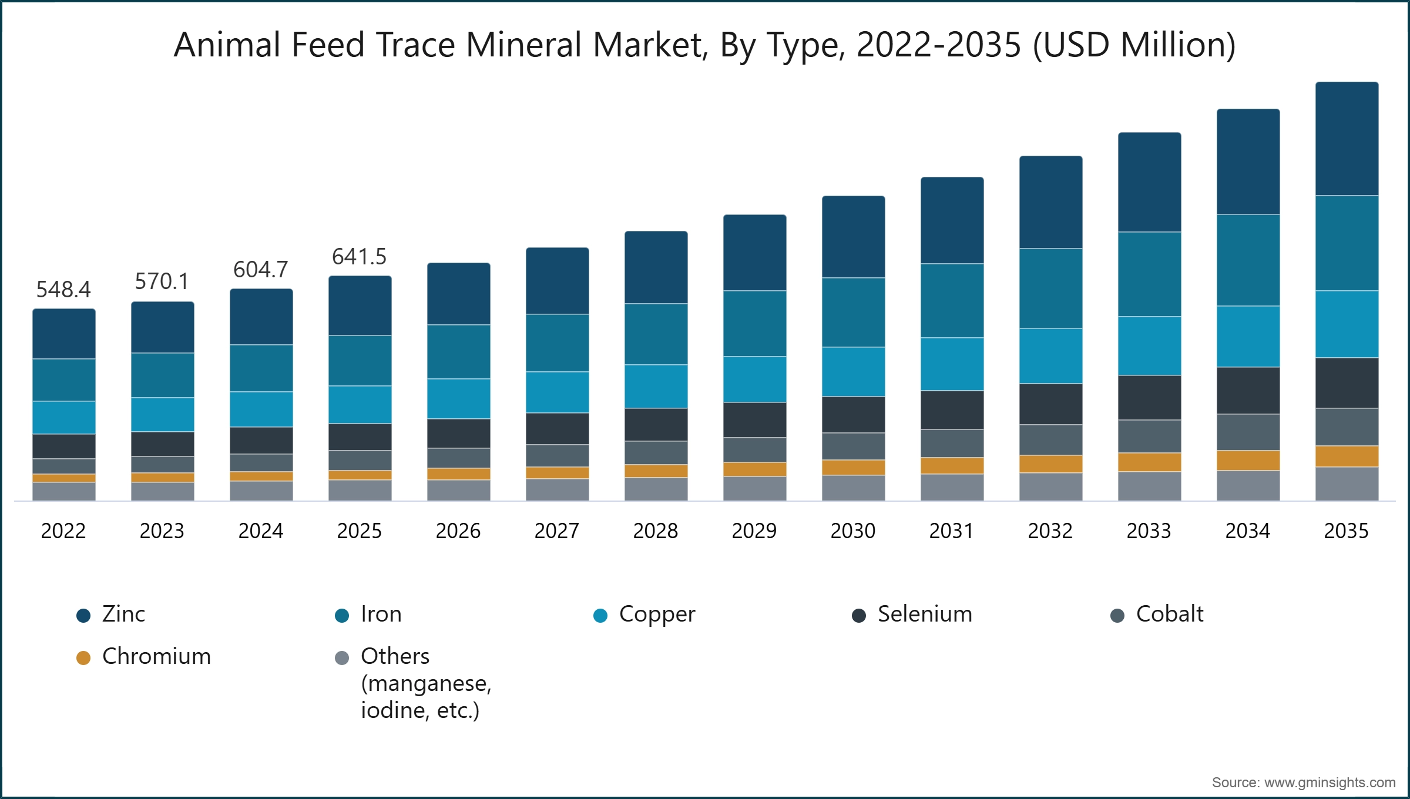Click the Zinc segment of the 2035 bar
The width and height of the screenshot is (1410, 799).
[1347, 139]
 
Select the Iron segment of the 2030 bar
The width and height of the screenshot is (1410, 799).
[853, 313]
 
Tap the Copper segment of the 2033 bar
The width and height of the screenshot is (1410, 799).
[1149, 346]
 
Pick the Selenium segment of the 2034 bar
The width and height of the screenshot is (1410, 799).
[1248, 391]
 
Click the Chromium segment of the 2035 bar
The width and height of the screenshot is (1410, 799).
[1347, 456]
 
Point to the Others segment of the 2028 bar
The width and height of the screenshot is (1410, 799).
[656, 489]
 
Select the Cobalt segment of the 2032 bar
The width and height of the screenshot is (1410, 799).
[1050, 440]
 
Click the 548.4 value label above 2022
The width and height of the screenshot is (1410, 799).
[63, 290]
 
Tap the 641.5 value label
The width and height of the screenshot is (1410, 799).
[359, 257]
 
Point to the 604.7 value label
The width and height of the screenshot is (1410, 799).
[261, 270]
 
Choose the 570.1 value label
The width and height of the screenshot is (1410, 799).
[162, 281]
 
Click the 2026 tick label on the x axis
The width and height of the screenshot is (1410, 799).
[458, 531]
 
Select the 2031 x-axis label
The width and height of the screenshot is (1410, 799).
[952, 531]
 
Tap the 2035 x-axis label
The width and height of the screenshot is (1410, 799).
[1347, 531]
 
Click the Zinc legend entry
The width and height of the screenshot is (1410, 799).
[111, 615]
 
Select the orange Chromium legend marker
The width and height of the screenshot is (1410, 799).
[83, 658]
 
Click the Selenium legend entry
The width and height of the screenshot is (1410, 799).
[912, 615]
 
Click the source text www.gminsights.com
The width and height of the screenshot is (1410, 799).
[1330, 783]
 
